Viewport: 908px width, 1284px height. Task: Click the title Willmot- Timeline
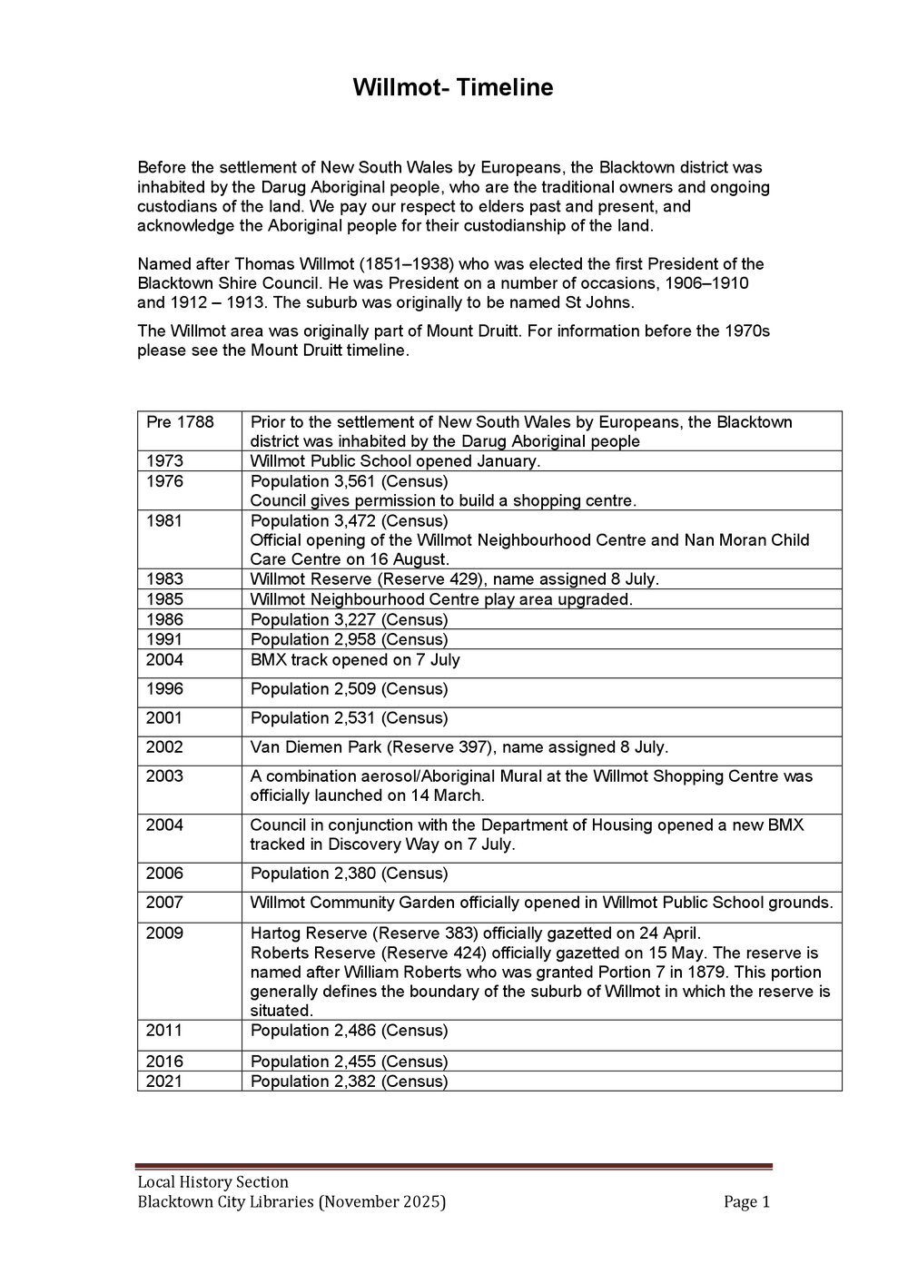coord(452,88)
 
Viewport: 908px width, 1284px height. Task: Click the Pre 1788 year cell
coord(180,422)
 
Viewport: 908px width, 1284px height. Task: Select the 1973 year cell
coord(164,461)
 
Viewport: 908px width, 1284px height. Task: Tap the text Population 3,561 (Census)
coord(349,481)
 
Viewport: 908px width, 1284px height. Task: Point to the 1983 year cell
coord(164,579)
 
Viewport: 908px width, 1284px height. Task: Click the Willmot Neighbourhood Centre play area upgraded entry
coord(441,599)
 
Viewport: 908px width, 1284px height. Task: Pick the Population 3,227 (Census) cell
coord(349,619)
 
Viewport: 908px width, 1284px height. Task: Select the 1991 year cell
coord(164,639)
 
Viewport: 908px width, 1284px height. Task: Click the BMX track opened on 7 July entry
coord(355,659)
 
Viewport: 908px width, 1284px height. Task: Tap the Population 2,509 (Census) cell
coord(349,689)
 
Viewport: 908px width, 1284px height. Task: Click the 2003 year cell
coord(164,776)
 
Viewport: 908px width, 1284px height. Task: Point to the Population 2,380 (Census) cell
coord(349,874)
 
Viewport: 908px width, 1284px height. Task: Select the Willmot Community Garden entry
coord(541,903)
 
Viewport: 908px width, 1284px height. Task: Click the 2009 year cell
coord(164,933)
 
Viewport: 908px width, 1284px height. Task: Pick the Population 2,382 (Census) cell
coord(349,1082)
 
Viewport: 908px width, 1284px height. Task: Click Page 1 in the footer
coord(746,1202)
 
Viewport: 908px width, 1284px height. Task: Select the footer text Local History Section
coord(212,1181)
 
